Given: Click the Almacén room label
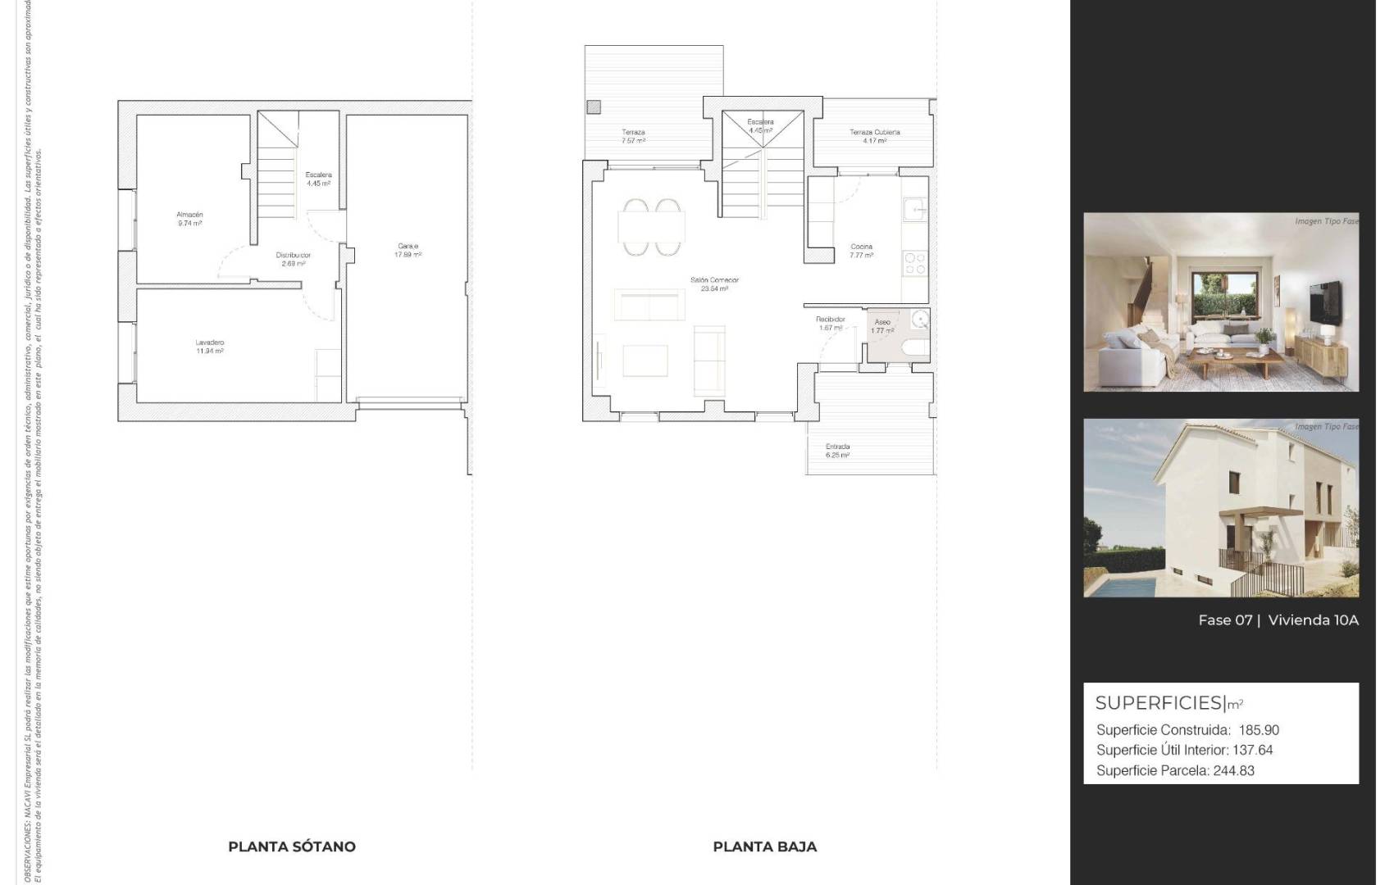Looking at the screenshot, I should (x=189, y=215).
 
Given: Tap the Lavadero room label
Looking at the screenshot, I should (x=209, y=343).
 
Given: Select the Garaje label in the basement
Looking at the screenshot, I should (x=408, y=247).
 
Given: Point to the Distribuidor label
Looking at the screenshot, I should (x=293, y=256).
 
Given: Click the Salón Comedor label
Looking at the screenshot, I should (x=714, y=280).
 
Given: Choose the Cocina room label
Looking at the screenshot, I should (x=861, y=247).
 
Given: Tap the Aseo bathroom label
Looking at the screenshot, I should (x=882, y=323).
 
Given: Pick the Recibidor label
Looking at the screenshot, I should (x=830, y=320).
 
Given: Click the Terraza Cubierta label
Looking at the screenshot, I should (x=874, y=133).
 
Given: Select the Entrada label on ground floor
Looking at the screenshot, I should (x=837, y=447).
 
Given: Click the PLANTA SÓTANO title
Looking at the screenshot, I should (x=292, y=846).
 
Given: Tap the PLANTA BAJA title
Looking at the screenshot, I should (x=764, y=846).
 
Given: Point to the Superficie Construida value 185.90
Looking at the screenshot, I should (x=1259, y=730).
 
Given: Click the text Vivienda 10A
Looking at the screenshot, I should (x=1313, y=620).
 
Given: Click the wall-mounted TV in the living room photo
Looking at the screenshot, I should (x=1324, y=302).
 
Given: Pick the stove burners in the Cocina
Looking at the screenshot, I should (x=914, y=263).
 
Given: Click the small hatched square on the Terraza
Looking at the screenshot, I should (x=594, y=107).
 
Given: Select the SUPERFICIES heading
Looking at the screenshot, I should (x=1159, y=703).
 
